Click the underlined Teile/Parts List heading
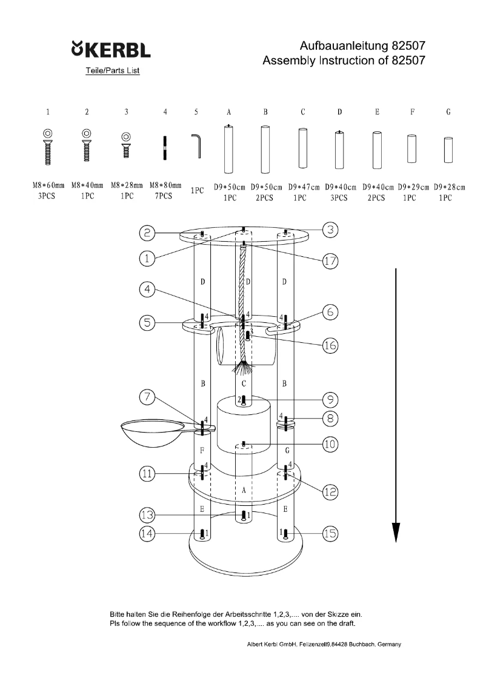113,71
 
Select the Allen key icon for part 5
197,146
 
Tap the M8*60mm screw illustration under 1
48,145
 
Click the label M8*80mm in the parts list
165,186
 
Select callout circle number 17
330,261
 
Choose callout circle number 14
147,533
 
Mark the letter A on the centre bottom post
242,491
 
